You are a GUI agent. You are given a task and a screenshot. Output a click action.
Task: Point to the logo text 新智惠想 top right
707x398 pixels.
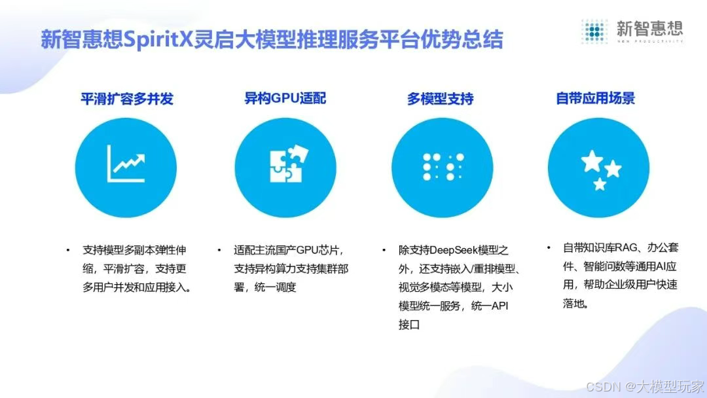tap(649, 27)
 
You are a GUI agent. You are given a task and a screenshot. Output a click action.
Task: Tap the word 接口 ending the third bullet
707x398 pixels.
tap(408, 324)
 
